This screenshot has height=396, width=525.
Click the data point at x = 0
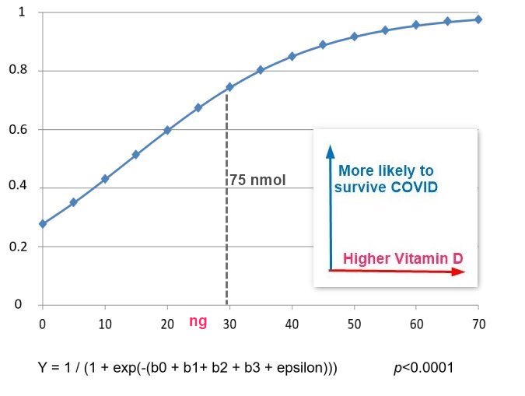[43, 223]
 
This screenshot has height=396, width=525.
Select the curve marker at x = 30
[229, 87]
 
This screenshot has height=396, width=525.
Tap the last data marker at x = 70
[478, 19]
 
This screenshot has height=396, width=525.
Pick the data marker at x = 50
[354, 37]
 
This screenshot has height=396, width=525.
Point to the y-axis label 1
[21, 13]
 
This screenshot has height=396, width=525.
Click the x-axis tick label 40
[292, 322]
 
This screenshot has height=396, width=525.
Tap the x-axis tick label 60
[416, 322]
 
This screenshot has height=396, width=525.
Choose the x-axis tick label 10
[105, 322]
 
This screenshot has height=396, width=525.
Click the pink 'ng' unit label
[198, 321]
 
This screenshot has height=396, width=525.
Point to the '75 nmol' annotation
[257, 180]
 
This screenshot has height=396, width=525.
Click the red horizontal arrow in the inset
[397, 271]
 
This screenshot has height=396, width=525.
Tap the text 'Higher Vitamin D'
[403, 258]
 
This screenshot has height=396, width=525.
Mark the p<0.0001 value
[425, 366]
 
